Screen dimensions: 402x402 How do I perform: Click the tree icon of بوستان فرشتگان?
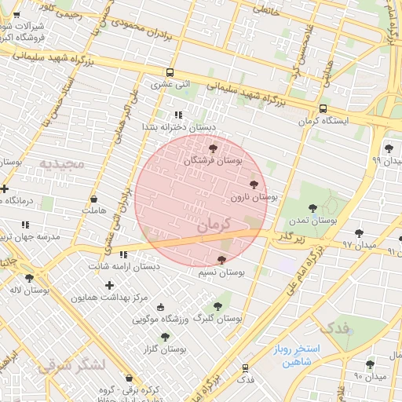point(213,148)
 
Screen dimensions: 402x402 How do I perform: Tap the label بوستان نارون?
point(250,197)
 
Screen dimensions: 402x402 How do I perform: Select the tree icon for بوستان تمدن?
point(313,208)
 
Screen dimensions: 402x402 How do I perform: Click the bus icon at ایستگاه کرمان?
point(323,109)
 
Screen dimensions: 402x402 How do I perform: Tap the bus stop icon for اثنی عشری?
point(170,71)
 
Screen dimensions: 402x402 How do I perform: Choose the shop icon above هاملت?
point(94,199)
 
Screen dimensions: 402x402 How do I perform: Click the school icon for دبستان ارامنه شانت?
point(123,254)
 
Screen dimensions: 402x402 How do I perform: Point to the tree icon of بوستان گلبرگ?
point(217,306)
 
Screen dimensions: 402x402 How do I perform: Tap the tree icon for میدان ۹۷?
point(359,233)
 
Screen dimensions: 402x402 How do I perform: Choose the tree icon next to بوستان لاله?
point(29,278)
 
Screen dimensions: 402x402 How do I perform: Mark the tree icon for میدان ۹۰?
point(370,364)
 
